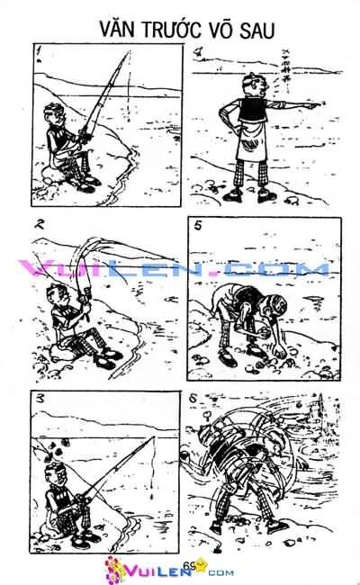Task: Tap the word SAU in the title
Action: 256,31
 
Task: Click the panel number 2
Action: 39,224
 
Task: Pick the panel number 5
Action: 198,225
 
